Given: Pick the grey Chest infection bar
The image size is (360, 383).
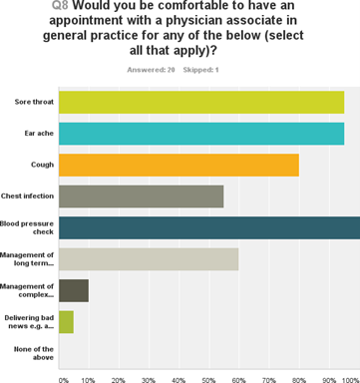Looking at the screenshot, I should click(142, 196).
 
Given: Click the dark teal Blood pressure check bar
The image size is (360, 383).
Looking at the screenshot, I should click(209, 227).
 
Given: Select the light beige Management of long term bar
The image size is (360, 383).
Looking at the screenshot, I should click(149, 259).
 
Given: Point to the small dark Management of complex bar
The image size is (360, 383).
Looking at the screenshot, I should click(74, 290).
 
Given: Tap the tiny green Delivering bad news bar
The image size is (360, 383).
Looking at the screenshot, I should click(67, 322).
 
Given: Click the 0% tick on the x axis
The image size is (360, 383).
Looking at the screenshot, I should click(64, 378).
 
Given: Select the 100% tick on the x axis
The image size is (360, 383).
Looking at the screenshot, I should click(349, 378).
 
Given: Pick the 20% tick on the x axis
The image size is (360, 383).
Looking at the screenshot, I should click(120, 378).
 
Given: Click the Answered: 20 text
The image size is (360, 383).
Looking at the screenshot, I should click(150, 69).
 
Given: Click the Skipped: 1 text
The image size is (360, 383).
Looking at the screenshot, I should click(204, 69).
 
